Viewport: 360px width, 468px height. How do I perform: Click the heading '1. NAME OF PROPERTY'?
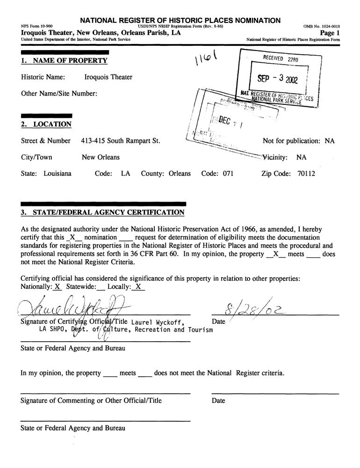[x=65, y=61]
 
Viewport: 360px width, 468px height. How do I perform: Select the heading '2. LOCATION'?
[x=46, y=124]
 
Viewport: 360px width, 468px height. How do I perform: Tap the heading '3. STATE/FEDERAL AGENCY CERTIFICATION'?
[x=103, y=213]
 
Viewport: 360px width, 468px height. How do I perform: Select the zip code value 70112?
[x=306, y=174]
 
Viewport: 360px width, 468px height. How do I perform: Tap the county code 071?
[x=228, y=174]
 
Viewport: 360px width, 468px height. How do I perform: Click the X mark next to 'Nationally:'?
[x=57, y=287]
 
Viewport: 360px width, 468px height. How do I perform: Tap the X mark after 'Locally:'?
[x=138, y=287]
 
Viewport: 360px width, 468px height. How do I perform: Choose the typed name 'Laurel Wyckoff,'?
[x=154, y=322]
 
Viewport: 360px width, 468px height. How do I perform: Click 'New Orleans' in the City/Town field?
[x=101, y=157]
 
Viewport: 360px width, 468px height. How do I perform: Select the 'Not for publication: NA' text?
[x=299, y=141]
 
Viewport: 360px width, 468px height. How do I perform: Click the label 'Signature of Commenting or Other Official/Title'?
[x=91, y=401]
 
